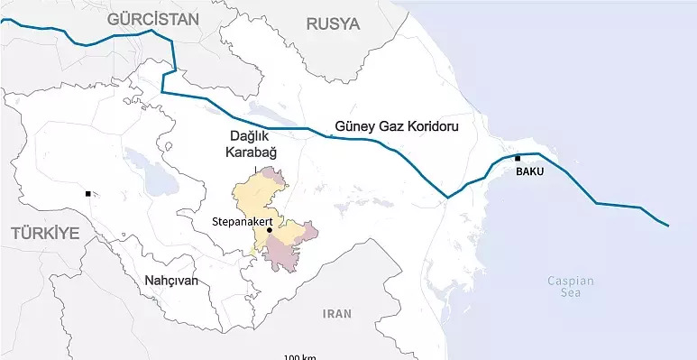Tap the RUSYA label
[333, 23]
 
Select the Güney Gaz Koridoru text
[396, 127]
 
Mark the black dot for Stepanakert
[270, 230]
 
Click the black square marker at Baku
[518, 159]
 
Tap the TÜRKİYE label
[45, 234]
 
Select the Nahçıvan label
[170, 281]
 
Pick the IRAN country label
[336, 314]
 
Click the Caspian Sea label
[570, 286]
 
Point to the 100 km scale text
[299, 356]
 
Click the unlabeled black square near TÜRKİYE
[87, 193]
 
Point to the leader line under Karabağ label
[255, 169]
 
